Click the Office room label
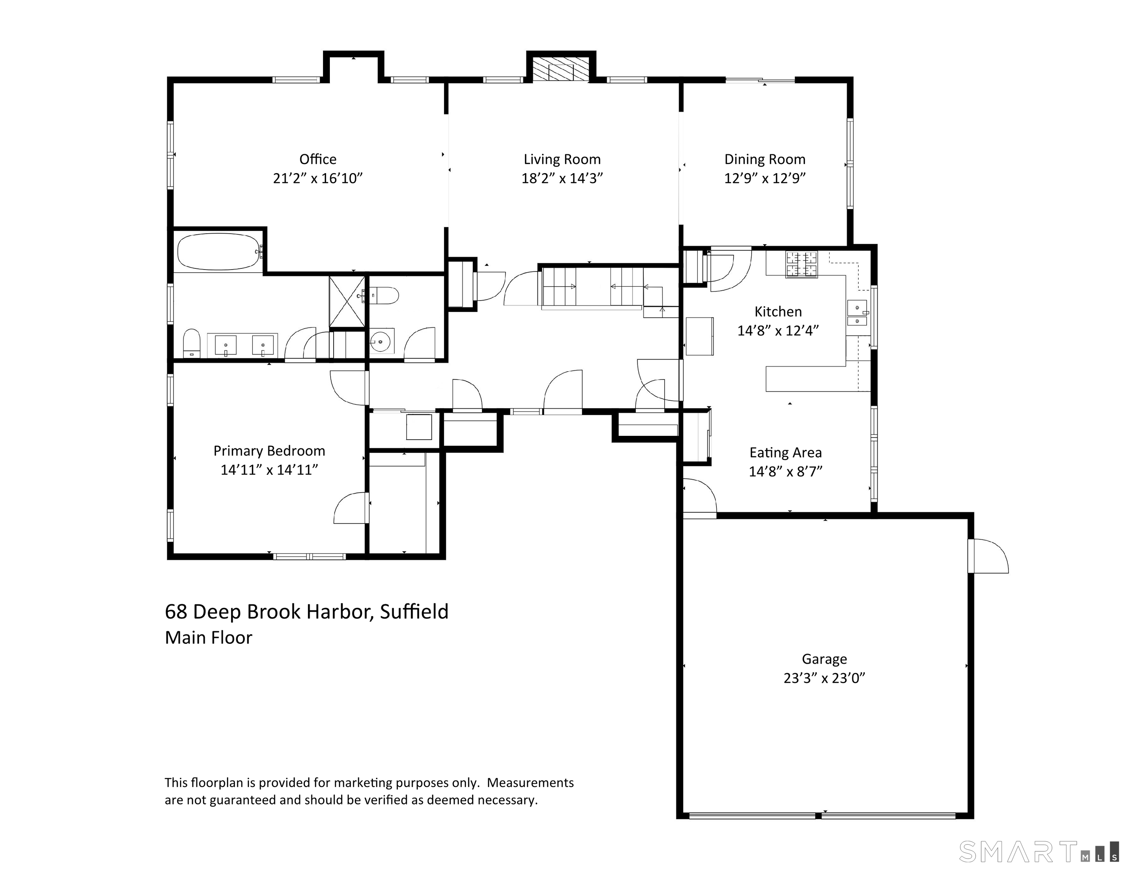[x=318, y=159]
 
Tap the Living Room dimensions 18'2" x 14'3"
[x=562, y=178]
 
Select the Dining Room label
[x=765, y=159]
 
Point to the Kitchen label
[x=778, y=312]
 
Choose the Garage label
[x=824, y=659]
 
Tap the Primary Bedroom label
[x=269, y=451]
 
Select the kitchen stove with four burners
[x=802, y=264]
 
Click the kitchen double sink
[x=858, y=313]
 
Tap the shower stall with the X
[x=347, y=302]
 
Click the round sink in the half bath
[x=381, y=341]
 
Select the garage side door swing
[x=988, y=556]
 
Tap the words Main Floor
[x=209, y=638]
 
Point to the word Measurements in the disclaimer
[x=530, y=783]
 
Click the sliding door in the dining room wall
[x=760, y=80]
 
